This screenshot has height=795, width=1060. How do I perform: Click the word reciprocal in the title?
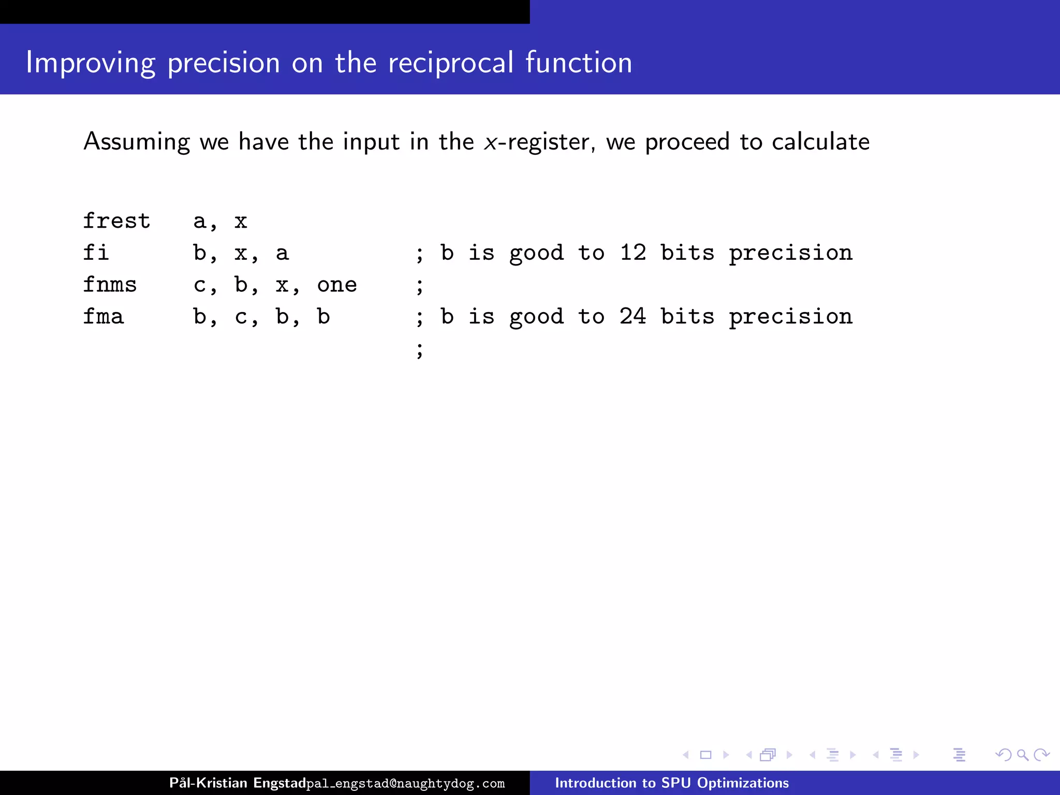point(450,63)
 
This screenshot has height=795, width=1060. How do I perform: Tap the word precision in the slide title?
point(224,63)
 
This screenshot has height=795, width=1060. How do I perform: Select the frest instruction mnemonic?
point(116,221)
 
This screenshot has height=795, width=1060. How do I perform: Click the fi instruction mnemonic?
point(96,253)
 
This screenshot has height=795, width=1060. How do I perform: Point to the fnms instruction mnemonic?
point(110,285)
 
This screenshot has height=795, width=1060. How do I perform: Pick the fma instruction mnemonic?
point(104,316)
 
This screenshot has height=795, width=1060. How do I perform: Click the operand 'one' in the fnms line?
point(337,285)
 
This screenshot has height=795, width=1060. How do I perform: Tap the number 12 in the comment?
point(633,253)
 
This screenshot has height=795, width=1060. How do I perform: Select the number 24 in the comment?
point(633,316)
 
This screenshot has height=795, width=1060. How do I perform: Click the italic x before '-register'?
point(490,142)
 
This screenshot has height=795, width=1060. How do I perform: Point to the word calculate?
point(820,141)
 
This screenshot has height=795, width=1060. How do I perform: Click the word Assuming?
point(137,141)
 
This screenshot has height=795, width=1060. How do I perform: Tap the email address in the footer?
point(406,784)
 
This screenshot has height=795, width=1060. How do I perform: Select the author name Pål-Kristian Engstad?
point(237,783)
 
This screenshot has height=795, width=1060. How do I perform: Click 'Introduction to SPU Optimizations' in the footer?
point(672,783)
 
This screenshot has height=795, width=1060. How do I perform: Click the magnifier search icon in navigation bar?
point(1022,755)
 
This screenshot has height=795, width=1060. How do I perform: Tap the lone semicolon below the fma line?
point(420,350)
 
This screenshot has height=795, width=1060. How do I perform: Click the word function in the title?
point(579,63)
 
